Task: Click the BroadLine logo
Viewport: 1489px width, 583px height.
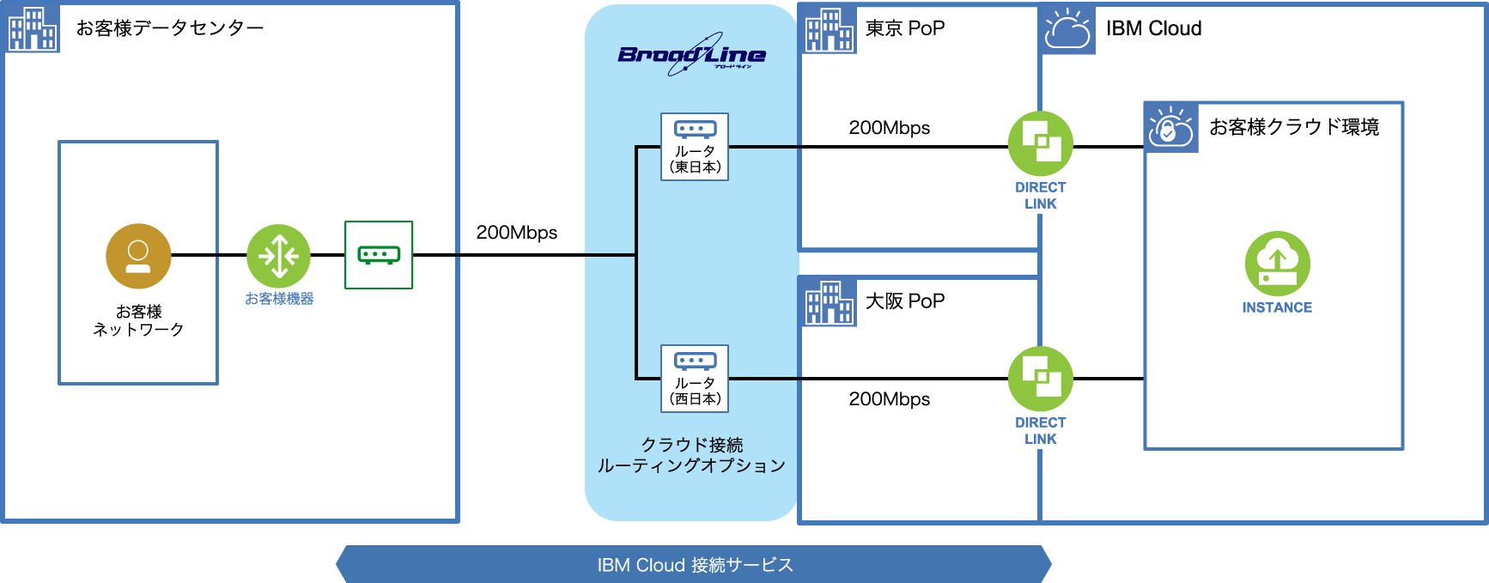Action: [691, 55]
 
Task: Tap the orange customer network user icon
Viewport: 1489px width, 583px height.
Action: [138, 256]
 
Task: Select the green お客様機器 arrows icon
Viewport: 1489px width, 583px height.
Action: [278, 256]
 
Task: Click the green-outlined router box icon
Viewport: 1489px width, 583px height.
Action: [379, 255]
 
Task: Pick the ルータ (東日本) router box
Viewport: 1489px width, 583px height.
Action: [695, 147]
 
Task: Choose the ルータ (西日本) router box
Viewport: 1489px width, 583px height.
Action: [695, 379]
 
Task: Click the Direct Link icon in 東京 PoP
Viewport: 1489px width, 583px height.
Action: [1040, 143]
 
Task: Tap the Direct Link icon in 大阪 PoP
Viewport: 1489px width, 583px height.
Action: [1040, 379]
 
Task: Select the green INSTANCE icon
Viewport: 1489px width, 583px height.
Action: [1277, 264]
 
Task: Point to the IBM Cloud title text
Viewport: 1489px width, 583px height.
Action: [1153, 28]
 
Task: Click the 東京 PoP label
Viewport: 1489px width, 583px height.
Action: [904, 28]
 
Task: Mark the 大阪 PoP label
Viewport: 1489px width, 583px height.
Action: [904, 301]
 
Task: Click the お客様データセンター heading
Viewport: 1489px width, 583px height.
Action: [170, 28]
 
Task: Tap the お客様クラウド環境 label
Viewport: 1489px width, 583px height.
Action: [1294, 127]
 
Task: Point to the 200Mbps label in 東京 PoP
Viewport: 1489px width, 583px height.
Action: [889, 128]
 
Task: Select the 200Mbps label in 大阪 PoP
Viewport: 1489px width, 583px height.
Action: [889, 399]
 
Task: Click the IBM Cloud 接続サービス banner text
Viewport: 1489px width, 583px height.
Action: [695, 565]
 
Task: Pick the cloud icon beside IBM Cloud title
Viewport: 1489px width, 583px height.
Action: [1067, 29]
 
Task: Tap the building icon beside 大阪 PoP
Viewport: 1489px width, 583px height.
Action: [829, 302]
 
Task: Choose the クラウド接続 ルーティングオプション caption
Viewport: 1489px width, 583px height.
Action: [691, 455]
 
